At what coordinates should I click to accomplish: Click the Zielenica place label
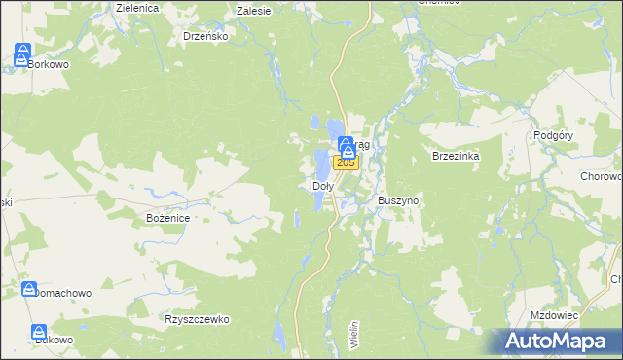tap(136, 7)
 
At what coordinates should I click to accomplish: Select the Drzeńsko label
tap(205, 36)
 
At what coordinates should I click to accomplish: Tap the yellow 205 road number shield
tap(348, 162)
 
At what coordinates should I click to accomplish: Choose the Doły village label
tap(322, 185)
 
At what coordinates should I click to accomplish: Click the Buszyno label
tap(397, 200)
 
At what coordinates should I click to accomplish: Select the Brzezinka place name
tap(457, 156)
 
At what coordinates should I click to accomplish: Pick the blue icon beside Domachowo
tap(28, 289)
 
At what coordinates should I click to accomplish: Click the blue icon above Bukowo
tap(39, 332)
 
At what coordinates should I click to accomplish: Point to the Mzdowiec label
tap(555, 316)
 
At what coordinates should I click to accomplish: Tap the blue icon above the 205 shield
tap(347, 147)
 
